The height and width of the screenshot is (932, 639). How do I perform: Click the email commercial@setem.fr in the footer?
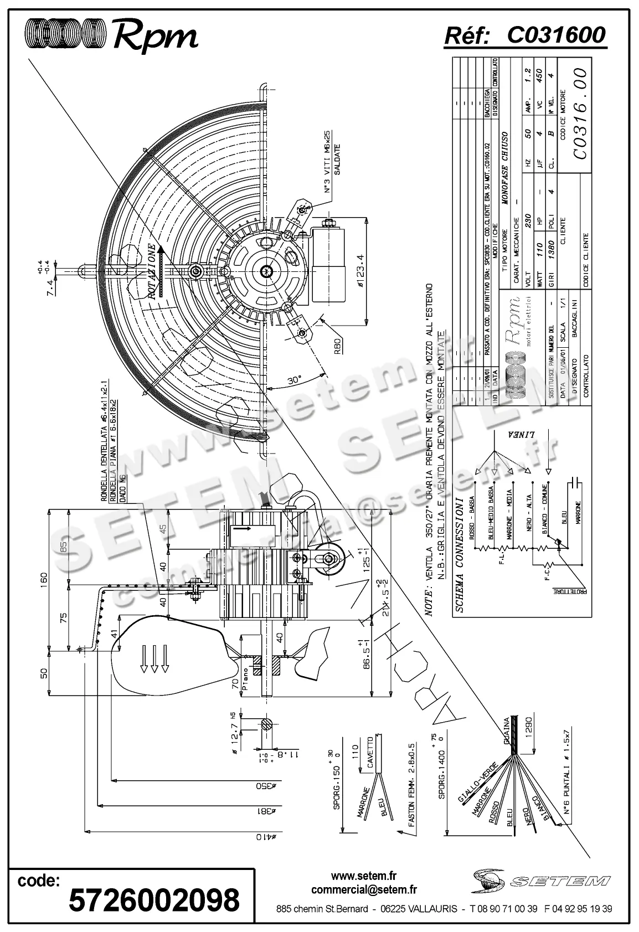[364, 890]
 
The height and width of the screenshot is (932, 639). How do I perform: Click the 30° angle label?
[295, 380]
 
